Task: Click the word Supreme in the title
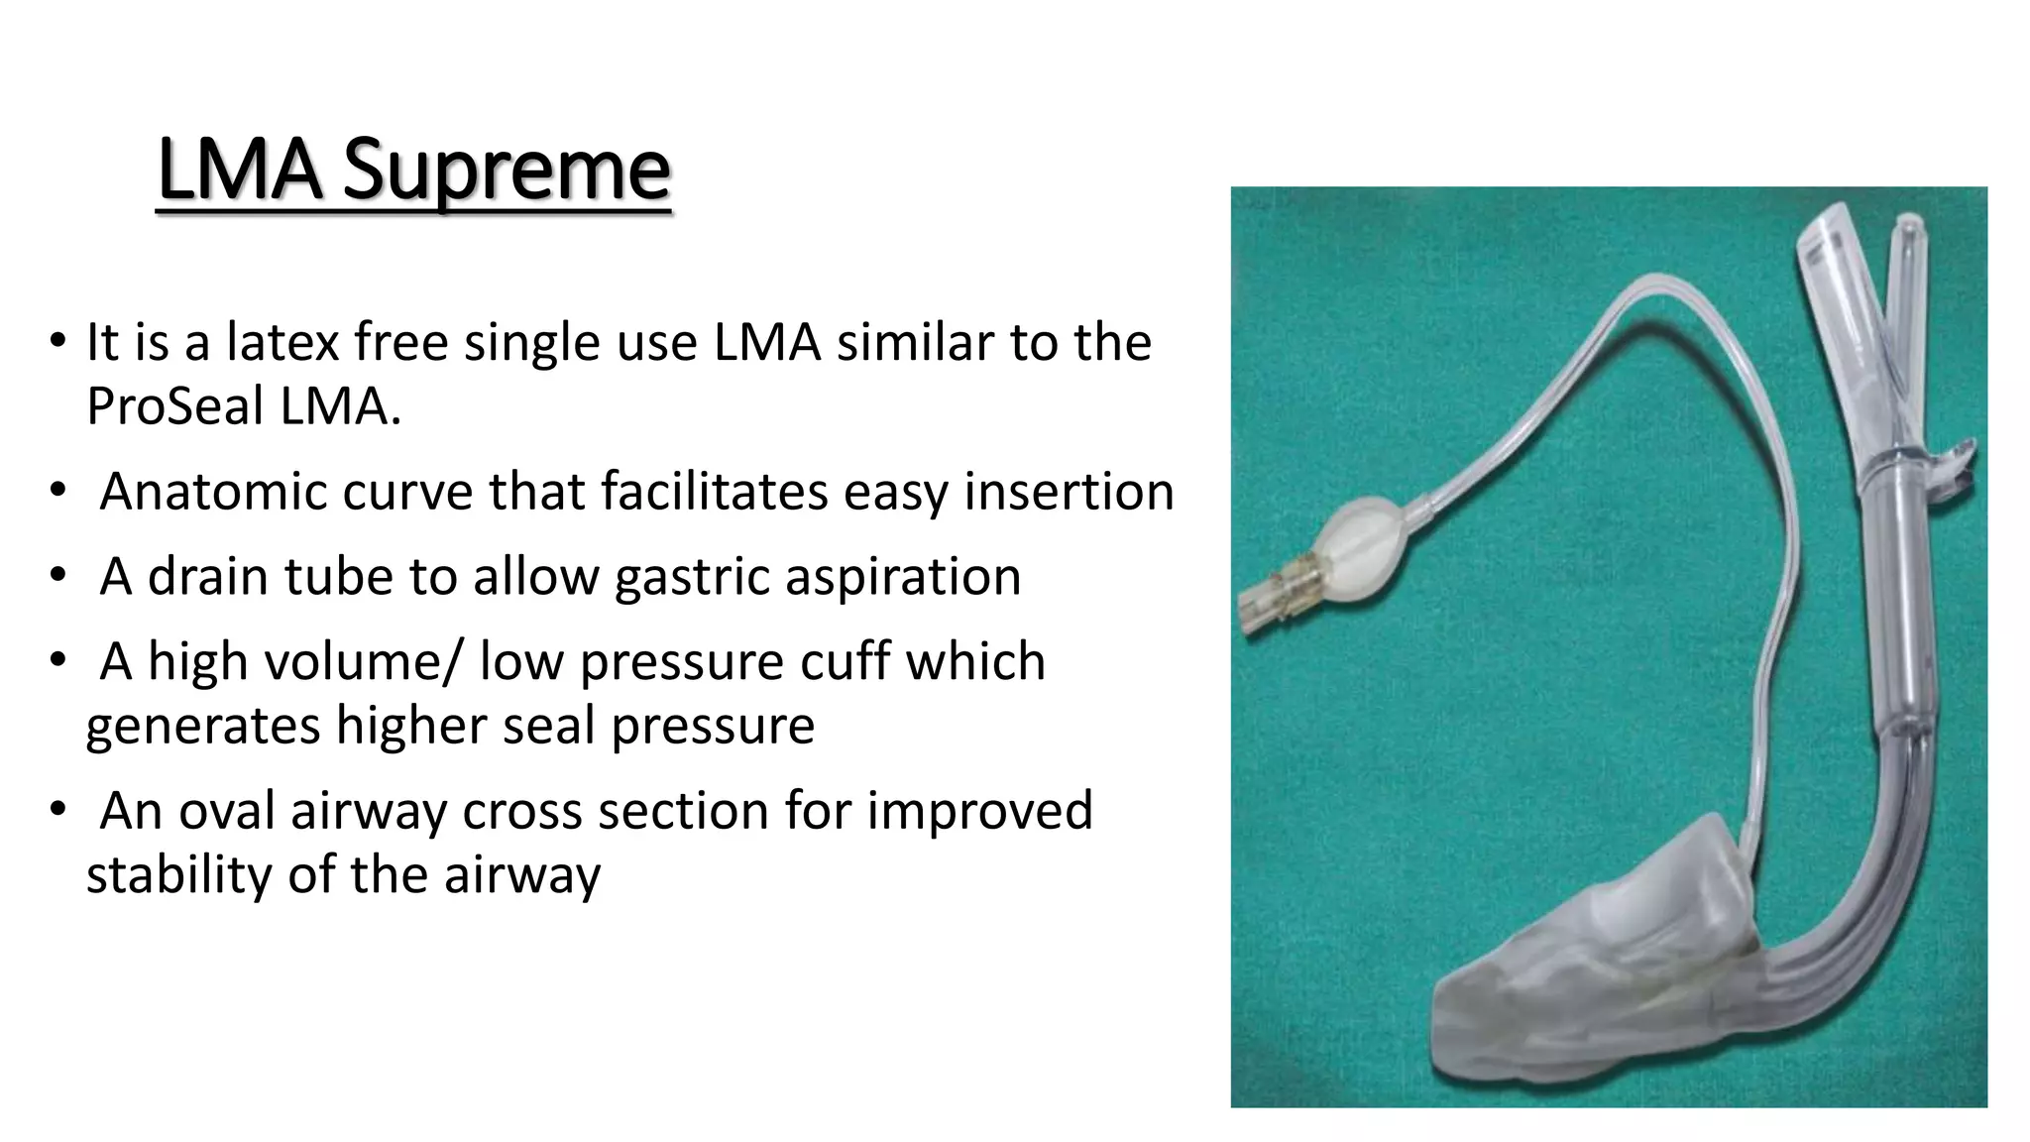(507, 171)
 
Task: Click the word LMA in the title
(239, 170)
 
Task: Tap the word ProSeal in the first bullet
(174, 406)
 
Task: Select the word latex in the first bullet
(282, 343)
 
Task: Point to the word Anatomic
(213, 492)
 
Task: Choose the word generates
(203, 726)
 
